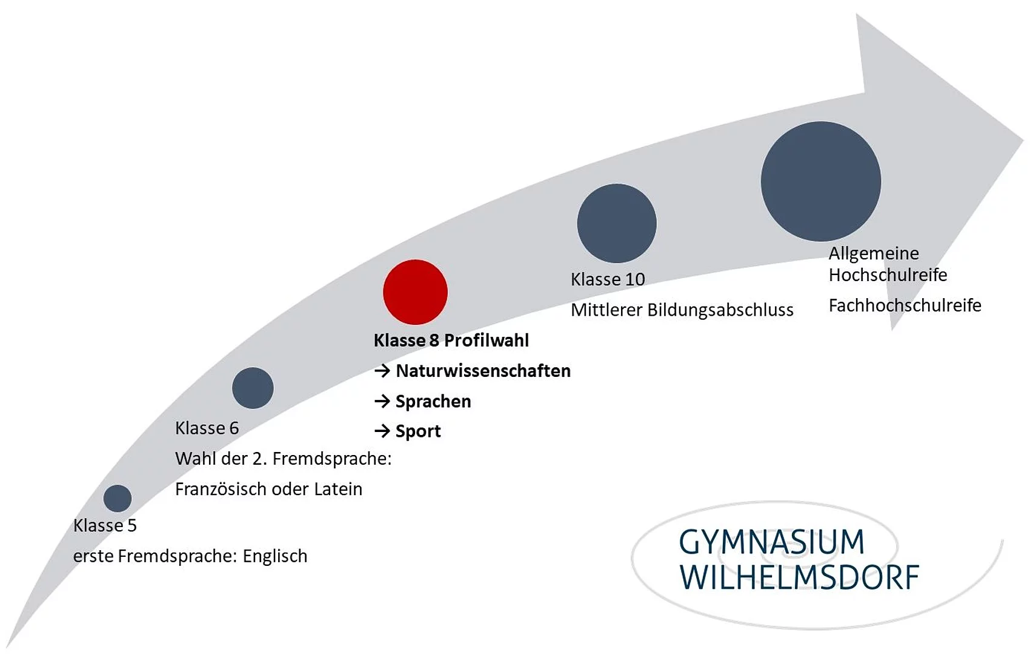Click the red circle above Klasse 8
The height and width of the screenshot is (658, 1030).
(x=415, y=292)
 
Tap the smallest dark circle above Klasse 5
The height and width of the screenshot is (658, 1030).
(x=118, y=498)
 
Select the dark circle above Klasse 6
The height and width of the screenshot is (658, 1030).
(x=253, y=388)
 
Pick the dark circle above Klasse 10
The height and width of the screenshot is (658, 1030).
(x=616, y=223)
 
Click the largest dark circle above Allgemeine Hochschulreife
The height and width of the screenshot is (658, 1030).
(x=820, y=181)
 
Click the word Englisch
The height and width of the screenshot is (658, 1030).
(x=275, y=556)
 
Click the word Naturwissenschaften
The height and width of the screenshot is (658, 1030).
(x=483, y=371)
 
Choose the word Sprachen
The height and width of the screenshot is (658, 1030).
(x=433, y=401)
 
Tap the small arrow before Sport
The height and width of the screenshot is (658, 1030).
(x=382, y=431)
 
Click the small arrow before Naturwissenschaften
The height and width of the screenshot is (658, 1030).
(x=382, y=371)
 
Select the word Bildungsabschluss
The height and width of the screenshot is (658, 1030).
(x=720, y=310)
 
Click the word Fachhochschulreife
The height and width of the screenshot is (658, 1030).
(x=905, y=305)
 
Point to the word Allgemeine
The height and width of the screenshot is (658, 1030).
(x=874, y=253)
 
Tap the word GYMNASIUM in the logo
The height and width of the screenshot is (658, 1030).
(x=771, y=542)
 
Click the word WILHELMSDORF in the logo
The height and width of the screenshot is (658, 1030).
(x=799, y=577)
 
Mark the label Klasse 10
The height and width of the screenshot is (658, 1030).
(x=608, y=279)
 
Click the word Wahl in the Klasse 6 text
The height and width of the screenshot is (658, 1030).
(x=193, y=459)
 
